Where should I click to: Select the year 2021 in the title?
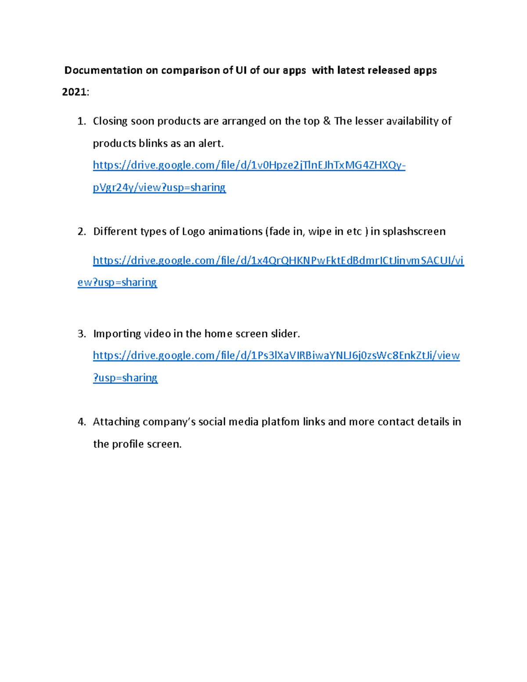(x=74, y=92)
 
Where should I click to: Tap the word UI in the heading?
(x=241, y=70)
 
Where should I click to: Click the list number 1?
(x=81, y=121)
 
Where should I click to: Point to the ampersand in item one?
(x=326, y=121)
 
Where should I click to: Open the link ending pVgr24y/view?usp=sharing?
(x=159, y=188)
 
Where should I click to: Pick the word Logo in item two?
(x=193, y=231)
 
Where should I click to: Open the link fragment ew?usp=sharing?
(x=117, y=282)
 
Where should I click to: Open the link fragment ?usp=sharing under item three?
(x=125, y=378)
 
